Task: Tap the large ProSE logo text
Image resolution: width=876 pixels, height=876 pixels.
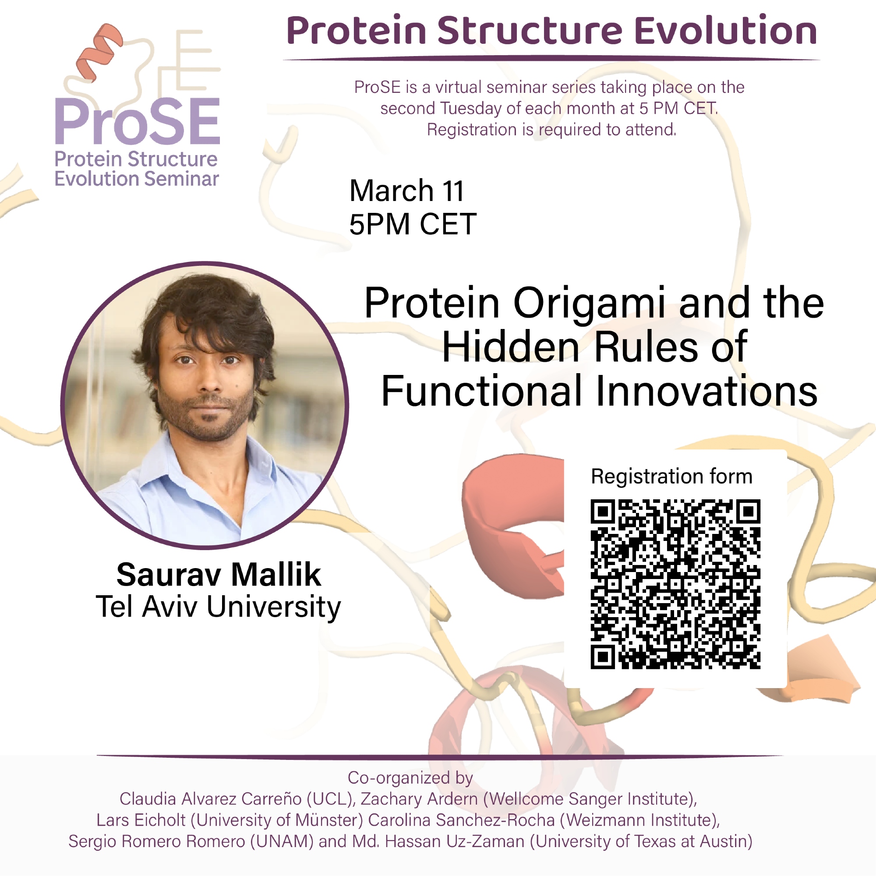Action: point(138,121)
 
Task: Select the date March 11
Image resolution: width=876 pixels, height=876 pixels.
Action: point(407,191)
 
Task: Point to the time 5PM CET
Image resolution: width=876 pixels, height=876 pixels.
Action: point(413,224)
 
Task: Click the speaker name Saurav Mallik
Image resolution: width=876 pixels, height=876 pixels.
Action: point(219,575)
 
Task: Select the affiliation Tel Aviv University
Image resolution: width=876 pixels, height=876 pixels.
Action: point(218,608)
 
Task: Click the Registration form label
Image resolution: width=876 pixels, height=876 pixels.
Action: point(671,477)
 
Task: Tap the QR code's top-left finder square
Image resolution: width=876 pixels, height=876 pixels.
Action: point(603,512)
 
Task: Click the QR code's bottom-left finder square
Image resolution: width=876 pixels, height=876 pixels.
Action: point(603,657)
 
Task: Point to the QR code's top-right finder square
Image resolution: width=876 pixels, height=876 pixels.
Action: point(748,512)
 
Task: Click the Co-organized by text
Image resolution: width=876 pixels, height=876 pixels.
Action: point(410,777)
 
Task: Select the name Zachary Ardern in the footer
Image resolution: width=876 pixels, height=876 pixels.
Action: point(419,799)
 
